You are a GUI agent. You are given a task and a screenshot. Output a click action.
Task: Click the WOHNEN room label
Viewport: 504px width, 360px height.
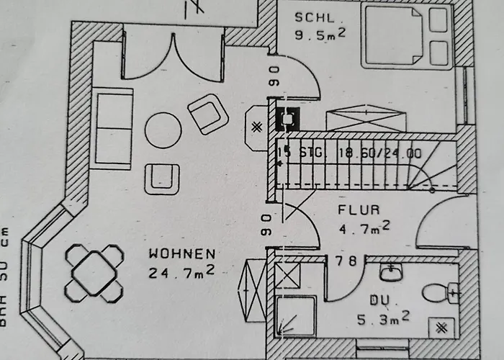pos(181,253)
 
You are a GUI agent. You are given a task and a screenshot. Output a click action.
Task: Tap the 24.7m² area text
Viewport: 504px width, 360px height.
pos(181,272)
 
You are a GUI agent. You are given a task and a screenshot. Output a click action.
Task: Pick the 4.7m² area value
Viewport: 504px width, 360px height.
pos(364,229)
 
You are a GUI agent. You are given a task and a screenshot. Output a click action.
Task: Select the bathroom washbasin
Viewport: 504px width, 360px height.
pos(391,272)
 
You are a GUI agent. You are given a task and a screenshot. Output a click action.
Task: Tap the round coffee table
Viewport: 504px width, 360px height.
pos(163,130)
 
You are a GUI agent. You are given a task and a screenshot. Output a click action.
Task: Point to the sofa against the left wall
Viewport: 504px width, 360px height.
pos(113,128)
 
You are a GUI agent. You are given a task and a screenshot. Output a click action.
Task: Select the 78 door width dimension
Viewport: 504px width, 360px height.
pos(346,261)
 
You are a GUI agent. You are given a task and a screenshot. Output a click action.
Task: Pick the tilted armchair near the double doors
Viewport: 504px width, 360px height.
pos(208,114)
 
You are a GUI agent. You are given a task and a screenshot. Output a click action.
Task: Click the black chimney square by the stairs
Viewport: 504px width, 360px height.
pos(289,117)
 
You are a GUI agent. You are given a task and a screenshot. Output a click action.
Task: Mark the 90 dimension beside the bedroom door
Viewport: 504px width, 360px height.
pos(274,76)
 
